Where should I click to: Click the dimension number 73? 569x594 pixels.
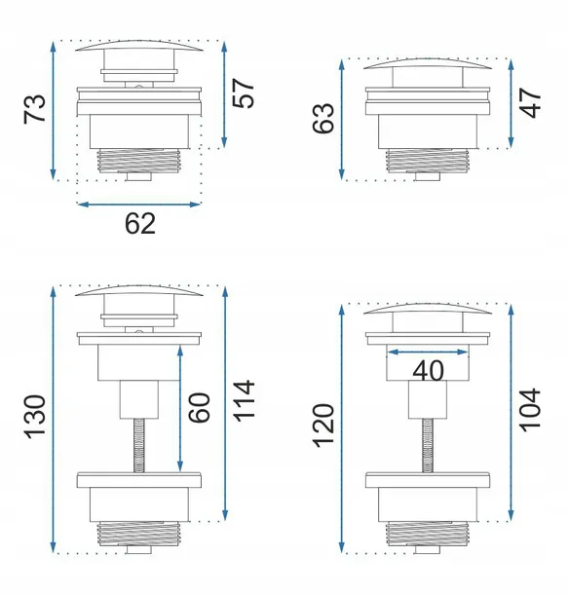pyautogui.click(x=35, y=109)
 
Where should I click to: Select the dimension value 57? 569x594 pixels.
pyautogui.click(x=243, y=93)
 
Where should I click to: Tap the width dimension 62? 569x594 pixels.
pyautogui.click(x=140, y=224)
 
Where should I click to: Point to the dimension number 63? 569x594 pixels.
pyautogui.click(x=323, y=118)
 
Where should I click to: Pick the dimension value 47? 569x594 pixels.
pyautogui.click(x=530, y=102)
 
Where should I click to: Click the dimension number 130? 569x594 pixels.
pyautogui.click(x=35, y=417)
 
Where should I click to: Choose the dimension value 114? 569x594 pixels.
pyautogui.click(x=243, y=401)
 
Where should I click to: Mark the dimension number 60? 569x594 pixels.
pyautogui.click(x=199, y=407)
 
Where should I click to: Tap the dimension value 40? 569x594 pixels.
pyautogui.click(x=428, y=370)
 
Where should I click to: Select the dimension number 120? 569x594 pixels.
pyautogui.click(x=323, y=426)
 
